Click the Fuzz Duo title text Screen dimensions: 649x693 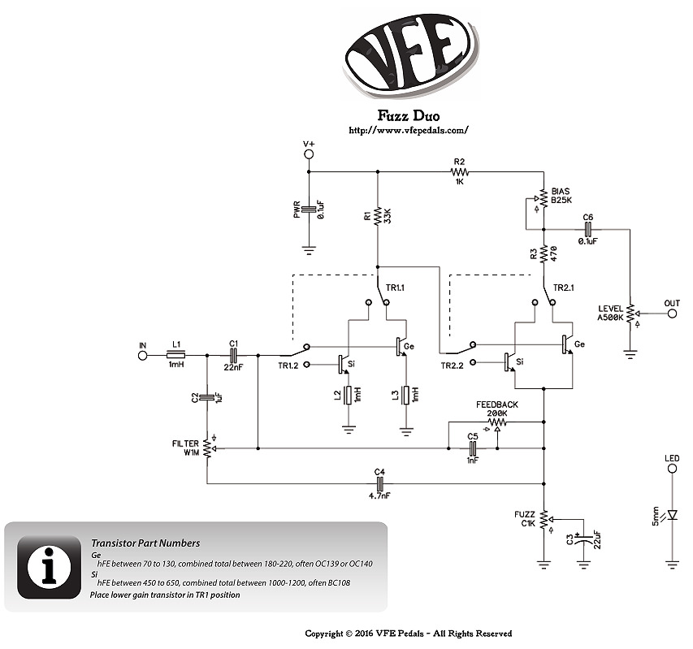point(409,115)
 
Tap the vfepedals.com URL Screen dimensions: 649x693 point(409,130)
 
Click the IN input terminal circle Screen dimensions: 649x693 point(144,355)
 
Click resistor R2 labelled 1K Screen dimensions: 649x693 point(460,171)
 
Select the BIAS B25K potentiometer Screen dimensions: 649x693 point(544,197)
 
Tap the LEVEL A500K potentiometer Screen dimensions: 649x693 point(630,313)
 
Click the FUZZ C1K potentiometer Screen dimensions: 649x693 point(544,517)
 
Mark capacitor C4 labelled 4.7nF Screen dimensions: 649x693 point(379,484)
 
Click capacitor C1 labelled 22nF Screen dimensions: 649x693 point(233,355)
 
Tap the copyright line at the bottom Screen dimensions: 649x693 point(409,634)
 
